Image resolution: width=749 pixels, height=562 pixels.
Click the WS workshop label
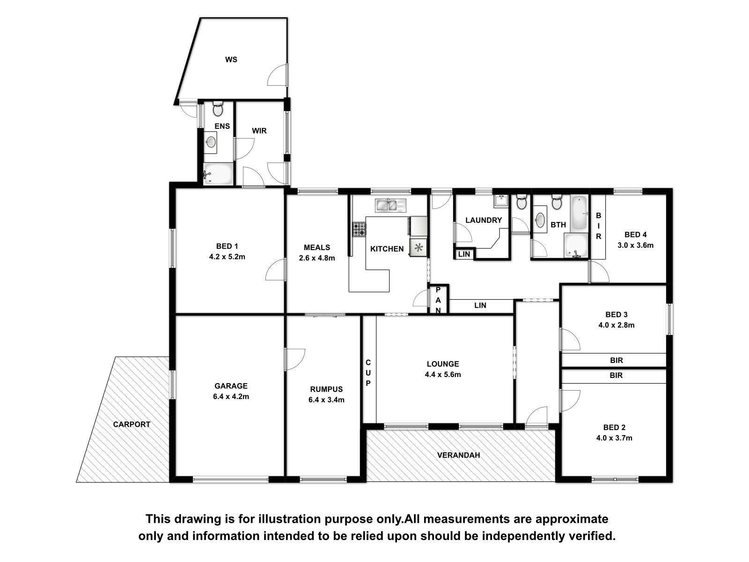click(231, 60)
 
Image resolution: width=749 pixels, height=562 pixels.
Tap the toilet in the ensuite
click(218, 108)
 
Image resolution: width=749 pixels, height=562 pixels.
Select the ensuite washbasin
click(211, 141)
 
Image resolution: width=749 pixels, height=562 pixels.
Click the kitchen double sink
click(390, 206)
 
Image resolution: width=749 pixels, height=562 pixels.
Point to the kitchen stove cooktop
click(359, 229)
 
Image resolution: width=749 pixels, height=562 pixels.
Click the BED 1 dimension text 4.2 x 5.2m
click(227, 257)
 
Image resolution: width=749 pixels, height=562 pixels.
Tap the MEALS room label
click(316, 247)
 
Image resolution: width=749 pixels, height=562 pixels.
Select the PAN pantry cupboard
click(438, 300)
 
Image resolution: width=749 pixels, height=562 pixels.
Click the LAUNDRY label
click(484, 220)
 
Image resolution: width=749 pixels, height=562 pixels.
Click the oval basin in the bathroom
click(539, 220)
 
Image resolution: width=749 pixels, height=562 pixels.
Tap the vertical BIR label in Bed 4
click(599, 226)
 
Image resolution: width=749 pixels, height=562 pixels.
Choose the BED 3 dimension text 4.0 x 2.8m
click(616, 325)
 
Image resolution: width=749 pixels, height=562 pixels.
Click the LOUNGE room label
click(443, 364)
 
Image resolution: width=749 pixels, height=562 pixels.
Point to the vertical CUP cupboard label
click(368, 373)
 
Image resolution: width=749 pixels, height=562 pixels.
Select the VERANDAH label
click(459, 455)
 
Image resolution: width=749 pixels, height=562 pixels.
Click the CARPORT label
click(132, 424)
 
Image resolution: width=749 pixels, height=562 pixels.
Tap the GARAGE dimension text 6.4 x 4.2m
click(231, 397)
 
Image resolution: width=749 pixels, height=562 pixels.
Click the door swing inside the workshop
click(277, 74)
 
